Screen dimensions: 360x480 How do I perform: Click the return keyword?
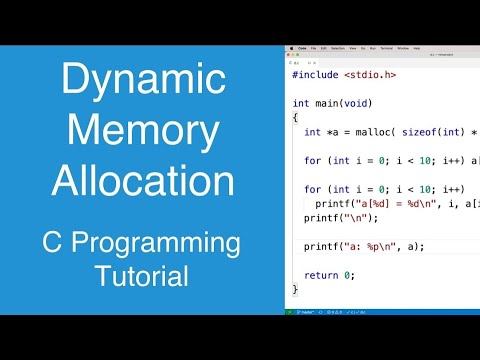(321, 275)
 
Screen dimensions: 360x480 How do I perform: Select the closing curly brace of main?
(295, 289)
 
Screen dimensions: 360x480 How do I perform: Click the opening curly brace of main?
(295, 117)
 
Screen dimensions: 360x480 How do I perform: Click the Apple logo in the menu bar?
(291, 47)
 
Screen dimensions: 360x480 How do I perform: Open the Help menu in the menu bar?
(415, 47)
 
